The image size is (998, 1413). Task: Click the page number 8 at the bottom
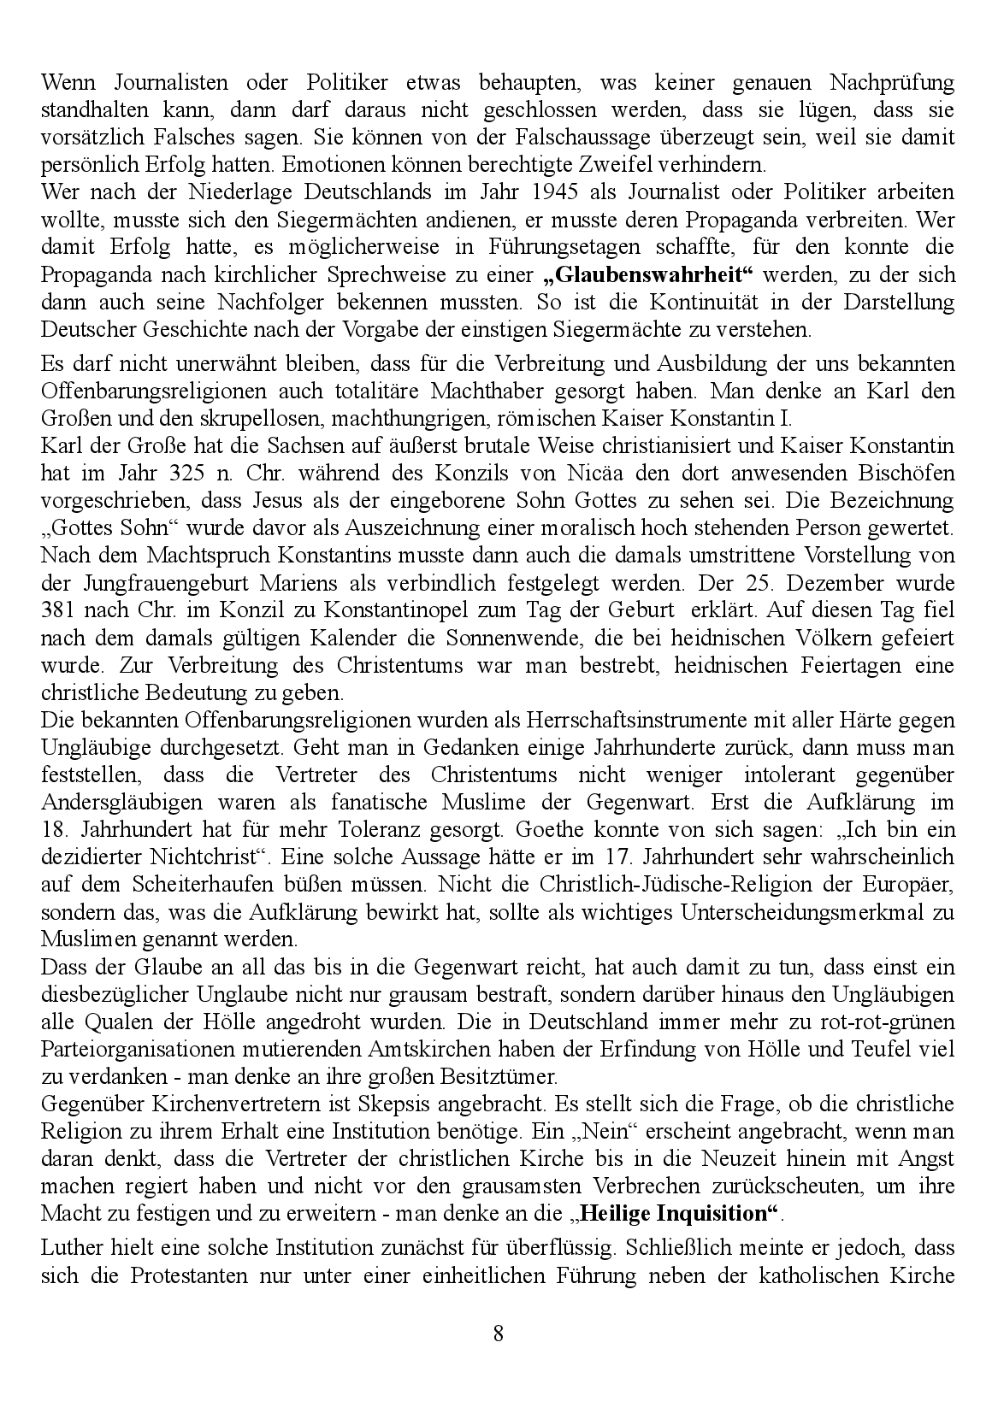tap(499, 1334)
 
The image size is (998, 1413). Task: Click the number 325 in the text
tap(187, 473)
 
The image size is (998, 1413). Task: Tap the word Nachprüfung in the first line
tap(890, 83)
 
